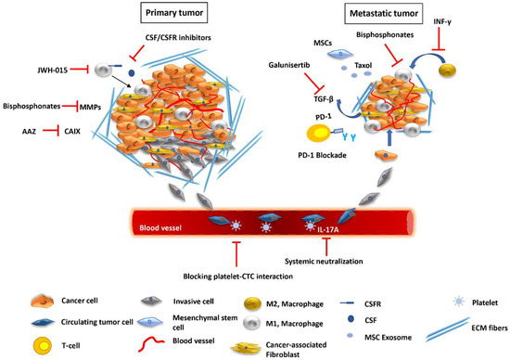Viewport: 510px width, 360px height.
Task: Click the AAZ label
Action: [31, 133]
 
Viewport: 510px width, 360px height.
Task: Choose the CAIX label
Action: [88, 133]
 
